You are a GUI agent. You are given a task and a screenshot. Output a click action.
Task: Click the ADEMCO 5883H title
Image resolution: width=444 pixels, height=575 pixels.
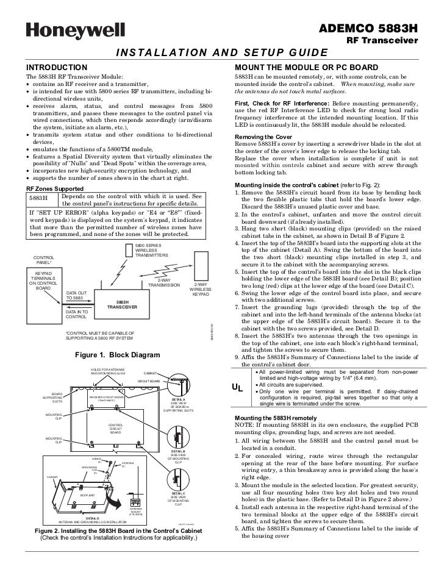pyautogui.click(x=368, y=28)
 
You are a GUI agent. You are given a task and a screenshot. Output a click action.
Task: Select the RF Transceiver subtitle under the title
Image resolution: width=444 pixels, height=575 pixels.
pyautogui.click(x=382, y=41)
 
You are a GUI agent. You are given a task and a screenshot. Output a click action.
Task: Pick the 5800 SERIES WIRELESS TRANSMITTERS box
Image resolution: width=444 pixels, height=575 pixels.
pyautogui.click(x=151, y=250)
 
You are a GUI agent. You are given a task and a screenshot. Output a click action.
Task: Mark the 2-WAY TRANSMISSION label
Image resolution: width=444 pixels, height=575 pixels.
pyautogui.click(x=164, y=283)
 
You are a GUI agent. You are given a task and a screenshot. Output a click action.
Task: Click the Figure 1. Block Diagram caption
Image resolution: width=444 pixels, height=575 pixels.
pyautogui.click(x=117, y=355)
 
